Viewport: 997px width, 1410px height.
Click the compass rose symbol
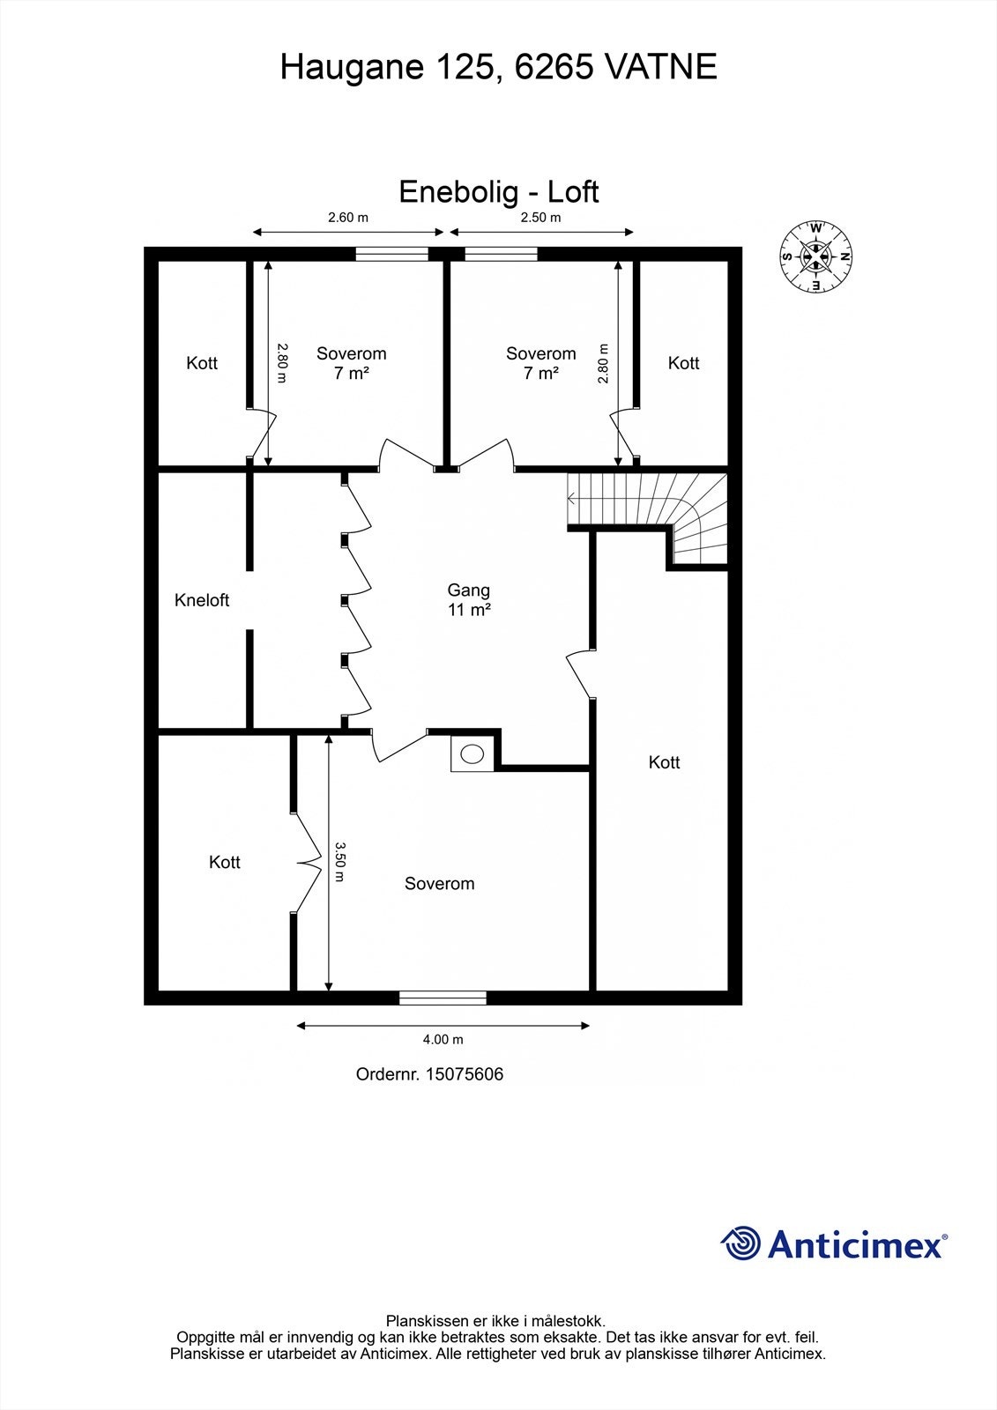pos(815,256)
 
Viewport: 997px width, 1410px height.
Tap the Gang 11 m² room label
pos(468,599)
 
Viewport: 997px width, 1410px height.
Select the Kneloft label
pos(202,600)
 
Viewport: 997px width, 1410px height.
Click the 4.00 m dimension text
pos(443,1039)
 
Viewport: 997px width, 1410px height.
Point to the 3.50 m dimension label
pos(340,860)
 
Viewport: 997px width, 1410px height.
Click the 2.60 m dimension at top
pos(348,217)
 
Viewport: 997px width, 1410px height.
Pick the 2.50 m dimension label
pos(540,217)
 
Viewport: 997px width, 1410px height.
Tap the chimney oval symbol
pos(473,753)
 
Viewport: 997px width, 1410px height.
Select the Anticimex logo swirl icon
pos(740,1243)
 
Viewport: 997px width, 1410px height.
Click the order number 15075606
pos(465,1074)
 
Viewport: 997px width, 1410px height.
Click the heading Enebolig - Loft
pos(499,191)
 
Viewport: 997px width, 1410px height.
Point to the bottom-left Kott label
pos(225,862)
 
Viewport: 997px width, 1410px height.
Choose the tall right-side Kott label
pos(664,762)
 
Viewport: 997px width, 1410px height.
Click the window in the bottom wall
pos(443,998)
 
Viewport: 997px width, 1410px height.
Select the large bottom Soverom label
pos(439,883)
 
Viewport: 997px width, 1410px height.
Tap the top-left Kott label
pos(202,363)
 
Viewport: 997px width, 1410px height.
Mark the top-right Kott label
pos(683,363)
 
